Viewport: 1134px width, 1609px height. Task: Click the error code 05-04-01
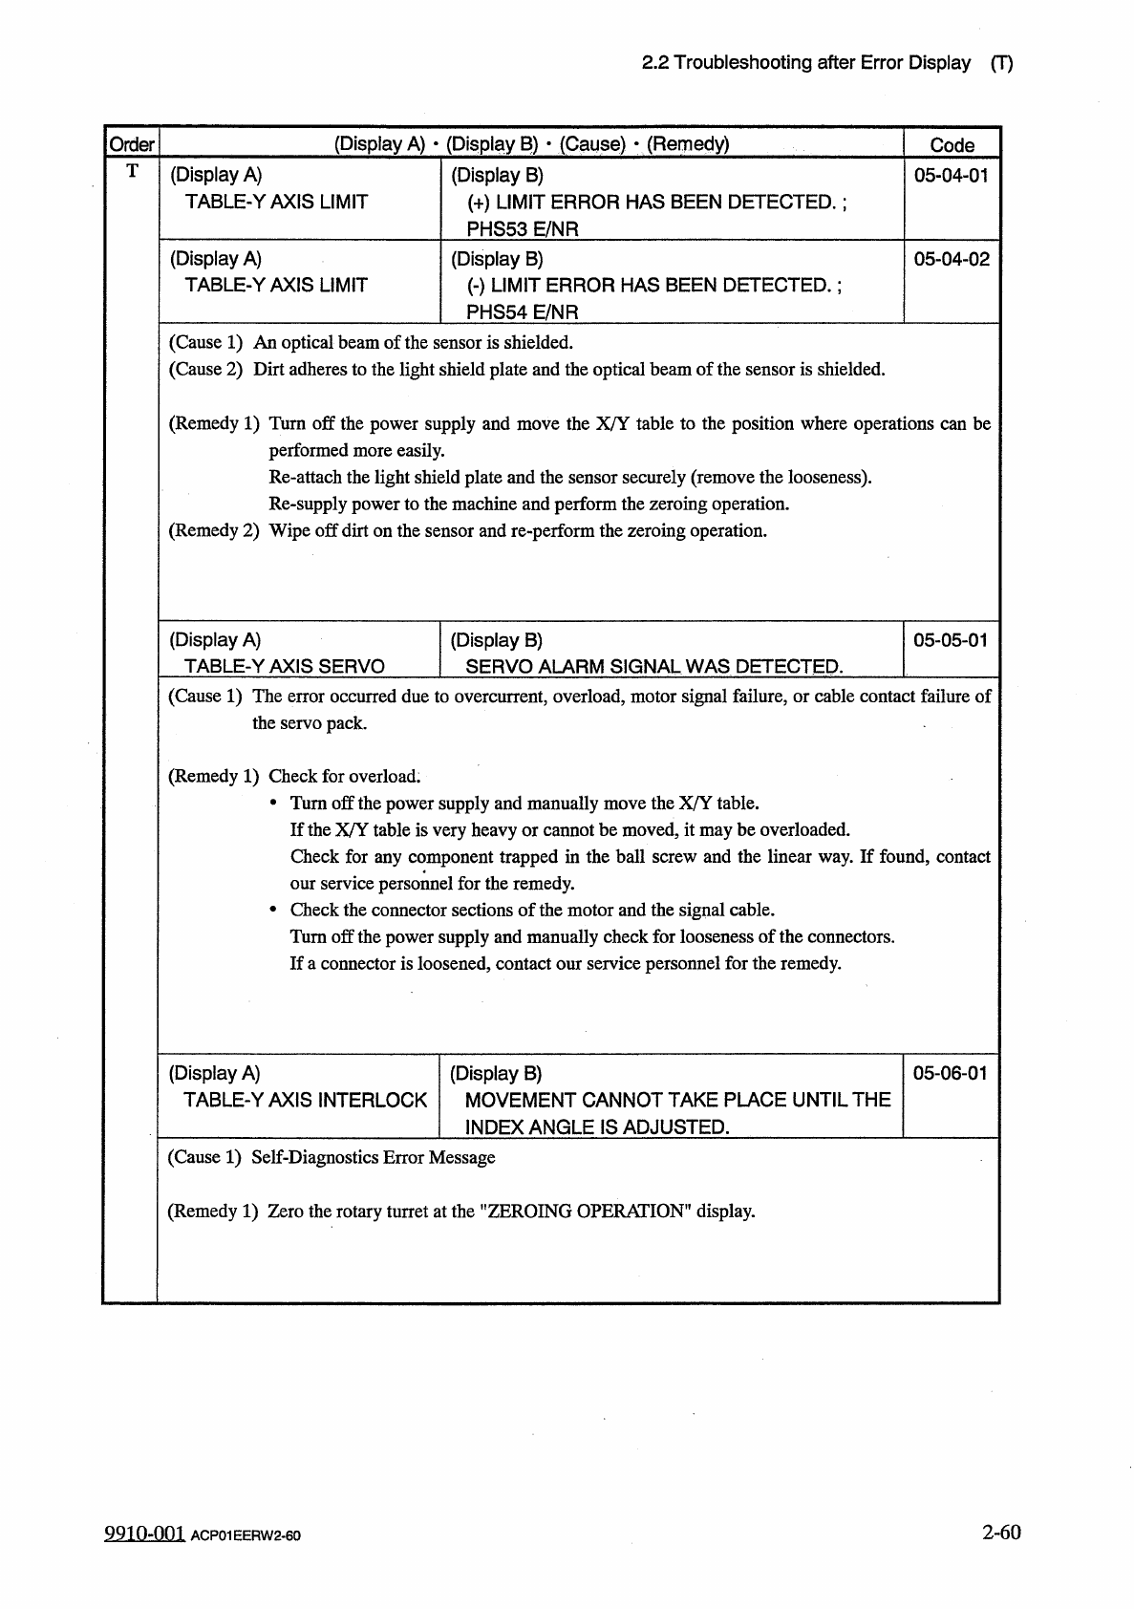coord(951,175)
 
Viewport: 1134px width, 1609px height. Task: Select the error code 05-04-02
coord(951,259)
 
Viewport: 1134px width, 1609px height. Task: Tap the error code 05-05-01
coord(951,640)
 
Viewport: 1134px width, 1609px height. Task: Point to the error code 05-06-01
coord(951,1073)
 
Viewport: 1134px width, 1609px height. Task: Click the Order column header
coord(131,144)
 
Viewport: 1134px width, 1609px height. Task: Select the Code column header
coord(952,145)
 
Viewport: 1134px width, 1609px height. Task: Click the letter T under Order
coord(132,171)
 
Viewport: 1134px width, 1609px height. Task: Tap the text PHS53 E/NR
coord(522,228)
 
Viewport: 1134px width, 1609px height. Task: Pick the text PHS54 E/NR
coord(522,312)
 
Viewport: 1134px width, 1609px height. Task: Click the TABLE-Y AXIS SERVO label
coord(284,666)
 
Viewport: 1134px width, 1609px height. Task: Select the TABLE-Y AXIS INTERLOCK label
coord(305,1100)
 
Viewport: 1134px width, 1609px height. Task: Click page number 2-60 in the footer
coord(1000,1532)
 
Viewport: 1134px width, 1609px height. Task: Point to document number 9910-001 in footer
coord(143,1534)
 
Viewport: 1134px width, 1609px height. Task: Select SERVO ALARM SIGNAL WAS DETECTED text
coord(653,666)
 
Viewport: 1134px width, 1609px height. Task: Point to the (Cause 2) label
coord(206,370)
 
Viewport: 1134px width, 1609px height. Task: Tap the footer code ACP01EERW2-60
coord(246,1536)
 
